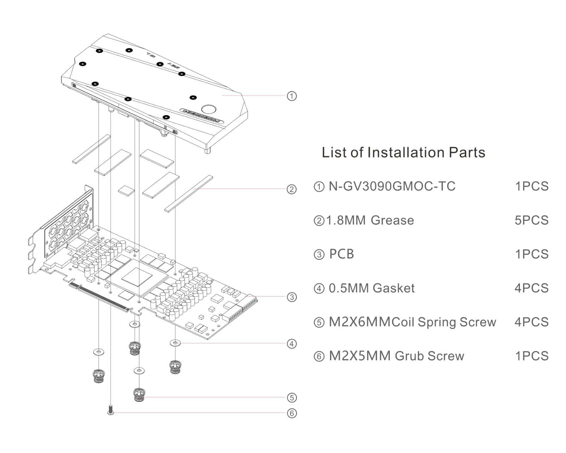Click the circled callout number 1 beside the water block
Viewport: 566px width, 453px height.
point(291,96)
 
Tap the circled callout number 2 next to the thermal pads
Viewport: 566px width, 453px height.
point(291,189)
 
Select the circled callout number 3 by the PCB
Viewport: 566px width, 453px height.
point(291,297)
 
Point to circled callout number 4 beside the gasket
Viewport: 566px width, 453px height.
point(291,344)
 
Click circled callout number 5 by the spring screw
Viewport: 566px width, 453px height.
point(291,397)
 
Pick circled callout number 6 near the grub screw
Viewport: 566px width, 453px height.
point(291,413)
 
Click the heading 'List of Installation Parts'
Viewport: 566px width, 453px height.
point(403,153)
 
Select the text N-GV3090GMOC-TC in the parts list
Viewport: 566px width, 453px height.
point(392,186)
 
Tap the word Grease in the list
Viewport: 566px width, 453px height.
point(392,220)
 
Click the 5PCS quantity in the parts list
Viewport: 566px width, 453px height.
point(531,220)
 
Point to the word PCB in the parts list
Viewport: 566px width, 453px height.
point(341,254)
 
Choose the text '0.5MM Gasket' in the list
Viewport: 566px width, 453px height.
point(371,288)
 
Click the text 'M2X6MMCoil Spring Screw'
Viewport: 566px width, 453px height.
point(412,322)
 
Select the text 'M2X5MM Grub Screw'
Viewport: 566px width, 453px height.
point(396,356)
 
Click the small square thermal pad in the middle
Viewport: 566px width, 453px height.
point(127,190)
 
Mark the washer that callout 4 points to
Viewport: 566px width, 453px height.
point(175,343)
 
